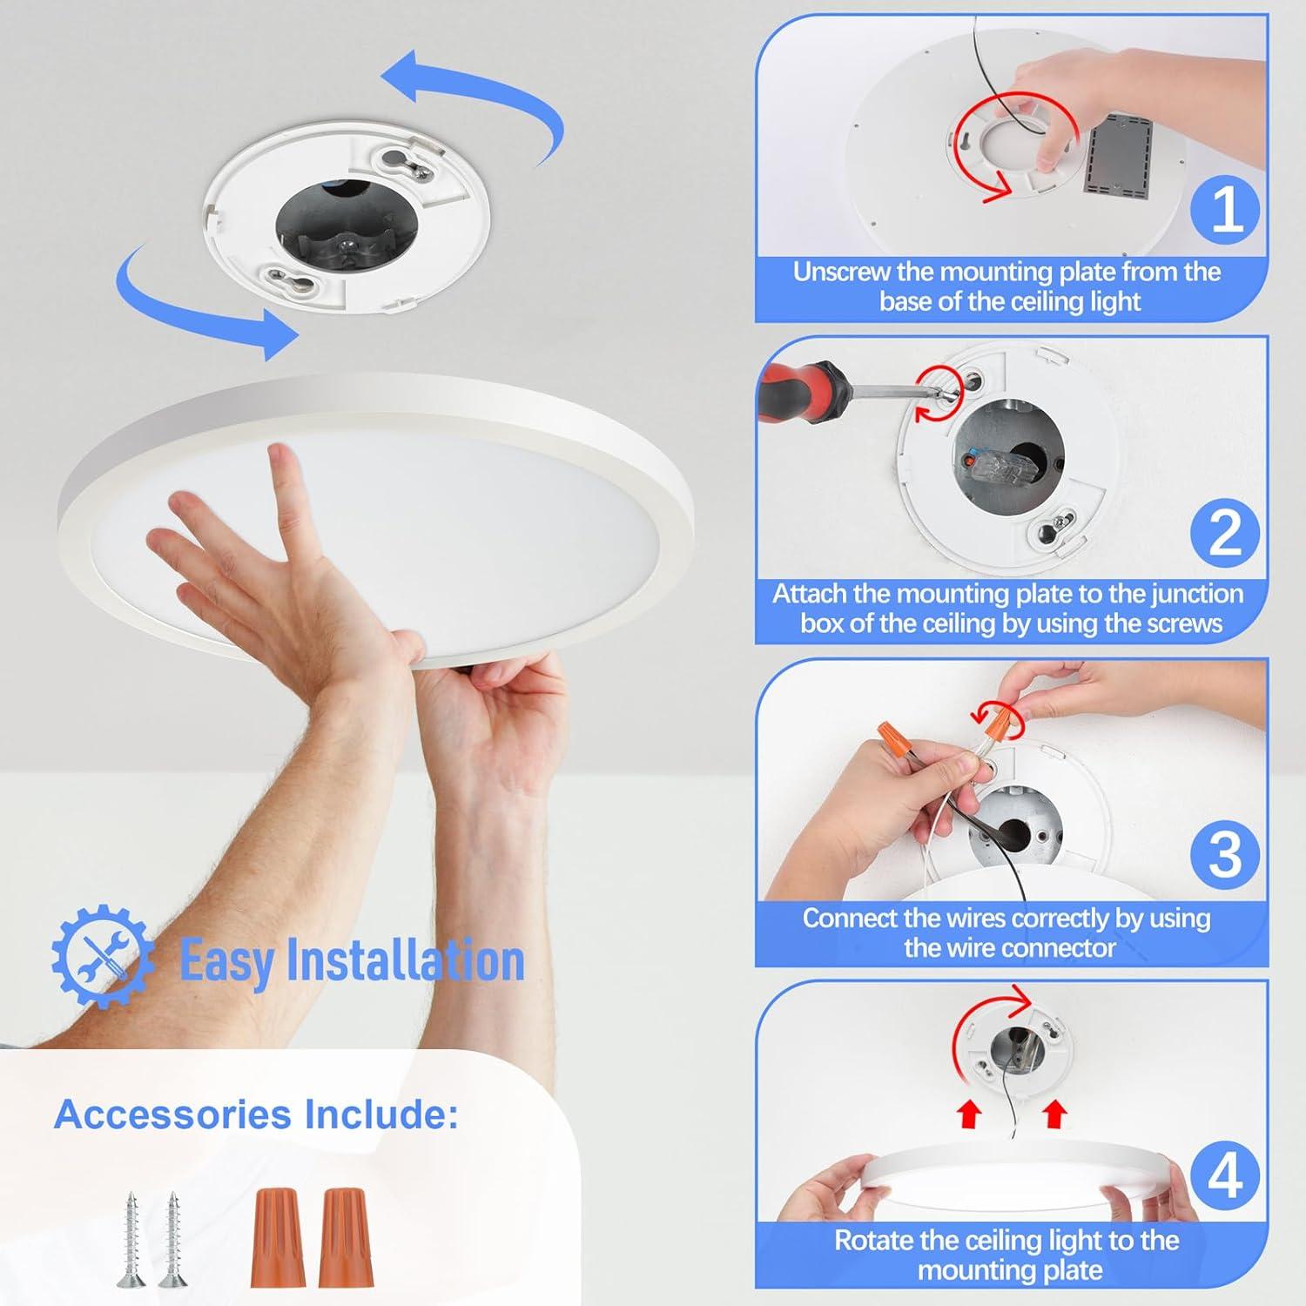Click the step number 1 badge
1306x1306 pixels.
click(1226, 210)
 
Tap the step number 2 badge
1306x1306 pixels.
click(1226, 532)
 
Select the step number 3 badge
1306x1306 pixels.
click(1226, 854)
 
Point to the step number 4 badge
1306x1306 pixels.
click(1226, 1176)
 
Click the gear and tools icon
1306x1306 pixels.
click(102, 957)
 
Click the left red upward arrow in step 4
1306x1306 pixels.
click(969, 1114)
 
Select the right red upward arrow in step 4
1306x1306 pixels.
click(1054, 1114)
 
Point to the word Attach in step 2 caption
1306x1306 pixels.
click(809, 594)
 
